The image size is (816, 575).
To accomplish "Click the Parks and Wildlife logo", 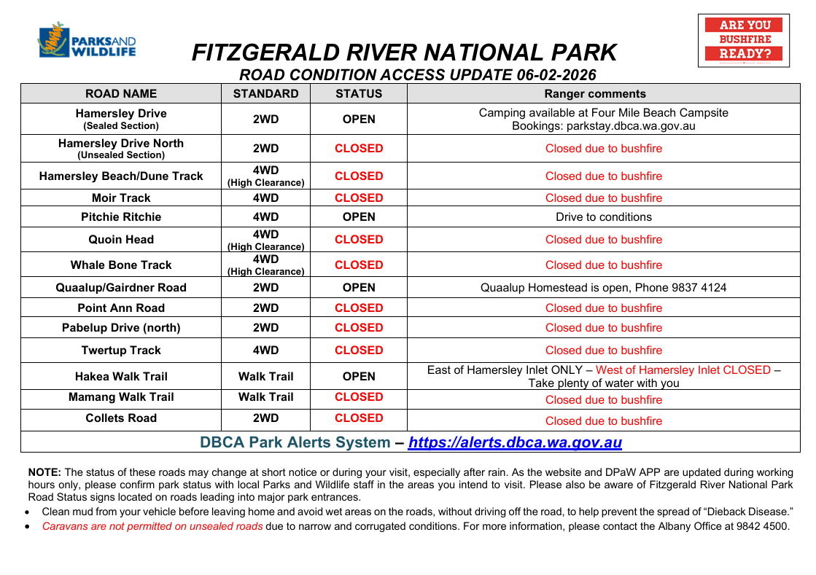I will point(86,42).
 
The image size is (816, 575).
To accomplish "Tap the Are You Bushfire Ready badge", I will point(743,40).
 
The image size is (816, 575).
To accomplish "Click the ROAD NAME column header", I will point(121,93).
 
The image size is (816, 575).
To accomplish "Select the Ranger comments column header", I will point(595,93).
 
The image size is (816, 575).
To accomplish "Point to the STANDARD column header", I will point(265,93).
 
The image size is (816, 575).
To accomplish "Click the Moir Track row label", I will point(121,197).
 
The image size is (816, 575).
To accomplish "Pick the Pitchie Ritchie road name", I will point(121,216).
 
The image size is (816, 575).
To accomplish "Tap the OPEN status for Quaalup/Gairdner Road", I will point(359,287).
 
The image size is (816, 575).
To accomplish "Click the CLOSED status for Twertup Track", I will point(359,350).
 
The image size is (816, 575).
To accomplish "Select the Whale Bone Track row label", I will point(121,265).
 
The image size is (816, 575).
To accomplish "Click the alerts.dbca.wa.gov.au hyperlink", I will point(515,442).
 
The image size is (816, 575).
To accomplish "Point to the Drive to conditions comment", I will point(604,216).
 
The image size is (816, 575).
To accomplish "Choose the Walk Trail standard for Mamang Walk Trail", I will point(265,397).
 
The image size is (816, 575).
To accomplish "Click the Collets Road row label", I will point(121,418).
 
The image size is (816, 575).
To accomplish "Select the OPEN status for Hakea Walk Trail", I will point(359,376).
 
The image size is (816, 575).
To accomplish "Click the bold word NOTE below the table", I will point(44,472).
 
